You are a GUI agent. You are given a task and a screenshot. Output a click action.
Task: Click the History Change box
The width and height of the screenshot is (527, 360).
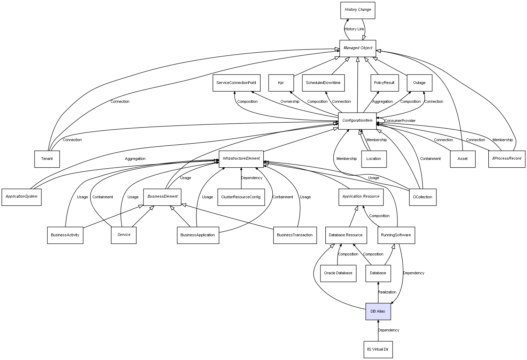(x=358, y=10)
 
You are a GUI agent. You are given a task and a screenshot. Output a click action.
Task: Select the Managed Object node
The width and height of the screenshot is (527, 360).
(x=358, y=48)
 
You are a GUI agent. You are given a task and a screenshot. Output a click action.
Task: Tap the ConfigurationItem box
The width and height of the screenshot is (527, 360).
(x=357, y=121)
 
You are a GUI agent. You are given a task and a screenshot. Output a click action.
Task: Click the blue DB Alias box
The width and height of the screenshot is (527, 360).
(x=378, y=311)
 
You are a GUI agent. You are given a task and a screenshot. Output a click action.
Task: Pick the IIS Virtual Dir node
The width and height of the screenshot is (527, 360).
(x=378, y=349)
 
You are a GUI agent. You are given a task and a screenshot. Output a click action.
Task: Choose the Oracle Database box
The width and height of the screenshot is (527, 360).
(x=338, y=273)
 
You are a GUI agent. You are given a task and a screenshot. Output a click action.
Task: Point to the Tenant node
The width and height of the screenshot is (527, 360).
(x=47, y=159)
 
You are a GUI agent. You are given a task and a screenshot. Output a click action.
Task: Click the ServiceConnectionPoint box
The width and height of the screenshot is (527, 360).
(x=236, y=83)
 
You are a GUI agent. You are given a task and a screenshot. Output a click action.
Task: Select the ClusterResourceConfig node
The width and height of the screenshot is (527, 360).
(x=241, y=197)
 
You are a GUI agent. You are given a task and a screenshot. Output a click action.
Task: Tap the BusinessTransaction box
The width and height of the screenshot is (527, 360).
(x=295, y=235)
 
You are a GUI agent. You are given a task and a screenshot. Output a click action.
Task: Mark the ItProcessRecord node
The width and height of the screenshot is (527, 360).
(x=506, y=159)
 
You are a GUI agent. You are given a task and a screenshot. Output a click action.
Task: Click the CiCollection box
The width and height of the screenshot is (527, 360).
(x=422, y=197)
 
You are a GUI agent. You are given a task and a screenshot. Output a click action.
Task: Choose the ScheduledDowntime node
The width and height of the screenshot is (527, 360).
(x=323, y=83)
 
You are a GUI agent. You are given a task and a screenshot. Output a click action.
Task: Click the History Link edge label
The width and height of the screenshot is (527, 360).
(x=354, y=29)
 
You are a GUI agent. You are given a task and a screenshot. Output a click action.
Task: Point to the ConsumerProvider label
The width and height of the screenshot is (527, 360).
(x=400, y=121)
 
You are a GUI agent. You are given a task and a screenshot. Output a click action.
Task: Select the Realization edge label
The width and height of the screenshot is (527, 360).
(x=387, y=292)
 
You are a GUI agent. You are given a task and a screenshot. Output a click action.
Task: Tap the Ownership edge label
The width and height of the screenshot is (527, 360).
(x=290, y=102)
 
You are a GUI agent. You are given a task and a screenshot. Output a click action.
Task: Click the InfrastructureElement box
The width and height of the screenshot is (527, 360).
(x=241, y=159)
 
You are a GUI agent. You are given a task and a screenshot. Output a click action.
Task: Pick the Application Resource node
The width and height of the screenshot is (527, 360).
(x=361, y=197)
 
